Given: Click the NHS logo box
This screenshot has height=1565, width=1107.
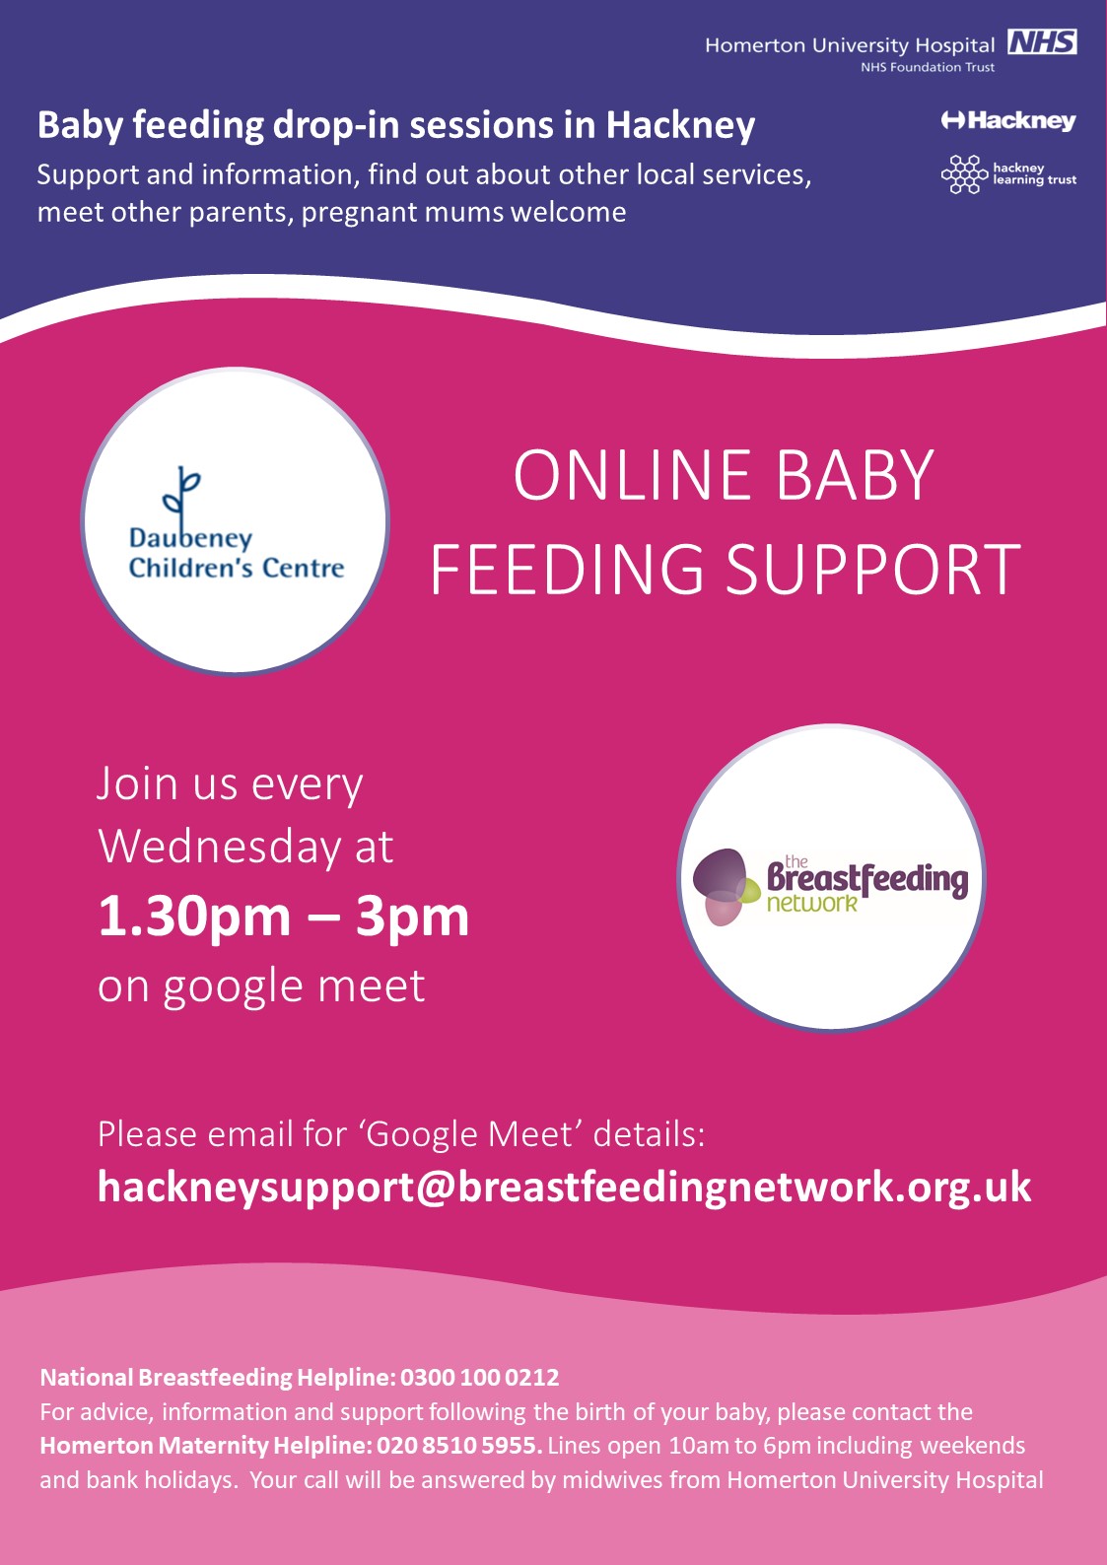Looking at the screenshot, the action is pyautogui.click(x=1042, y=42).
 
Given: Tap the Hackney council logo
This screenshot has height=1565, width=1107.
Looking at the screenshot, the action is pyautogui.click(x=1008, y=121).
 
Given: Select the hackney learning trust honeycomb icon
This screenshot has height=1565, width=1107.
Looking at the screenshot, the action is pyautogui.click(x=964, y=174).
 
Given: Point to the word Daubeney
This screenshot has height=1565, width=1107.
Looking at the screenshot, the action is pyautogui.click(x=190, y=539).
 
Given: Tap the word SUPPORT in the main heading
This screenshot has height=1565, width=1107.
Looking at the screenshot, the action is pyautogui.click(x=872, y=569).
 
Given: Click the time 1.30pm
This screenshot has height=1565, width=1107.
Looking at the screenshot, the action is pyautogui.click(x=194, y=918).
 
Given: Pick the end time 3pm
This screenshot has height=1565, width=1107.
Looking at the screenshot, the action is pyautogui.click(x=412, y=918).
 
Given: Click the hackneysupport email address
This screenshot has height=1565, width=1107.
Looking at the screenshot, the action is pyautogui.click(x=564, y=1187).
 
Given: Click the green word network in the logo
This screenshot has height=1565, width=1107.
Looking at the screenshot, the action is pyautogui.click(x=811, y=904).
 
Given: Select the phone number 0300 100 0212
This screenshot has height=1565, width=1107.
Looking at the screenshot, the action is pyautogui.click(x=479, y=1377).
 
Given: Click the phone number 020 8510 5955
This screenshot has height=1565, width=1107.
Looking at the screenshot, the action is pyautogui.click(x=459, y=1444).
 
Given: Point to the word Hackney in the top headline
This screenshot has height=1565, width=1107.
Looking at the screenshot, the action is pyautogui.click(x=680, y=125).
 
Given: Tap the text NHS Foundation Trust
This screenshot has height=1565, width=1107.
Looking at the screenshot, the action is pyautogui.click(x=927, y=68).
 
